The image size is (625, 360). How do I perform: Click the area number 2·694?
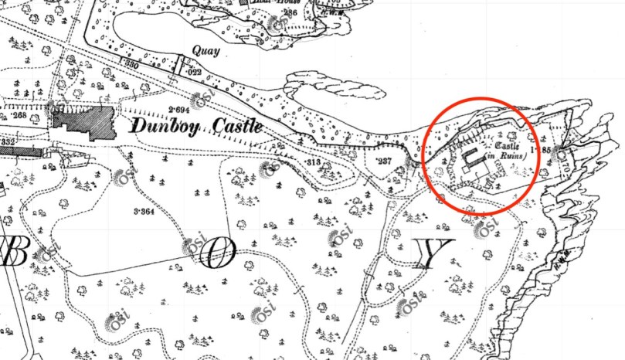click(x=180, y=109)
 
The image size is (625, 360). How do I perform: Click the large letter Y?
click(x=433, y=254)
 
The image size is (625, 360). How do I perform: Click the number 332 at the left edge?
click(x=8, y=141)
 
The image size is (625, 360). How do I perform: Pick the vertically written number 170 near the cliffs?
click(x=562, y=161)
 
